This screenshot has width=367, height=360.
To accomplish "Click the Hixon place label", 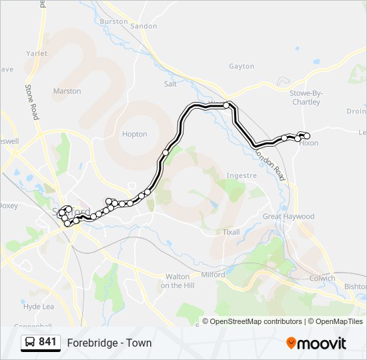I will [309, 143].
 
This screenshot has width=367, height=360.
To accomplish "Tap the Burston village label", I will [113, 21].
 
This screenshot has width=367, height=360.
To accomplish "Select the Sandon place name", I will [144, 26].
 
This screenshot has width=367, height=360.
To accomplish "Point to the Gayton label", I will [242, 67].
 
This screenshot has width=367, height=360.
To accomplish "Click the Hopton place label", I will [134, 134].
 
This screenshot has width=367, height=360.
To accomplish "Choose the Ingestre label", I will [242, 176].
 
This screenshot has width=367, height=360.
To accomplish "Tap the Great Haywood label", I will [288, 217].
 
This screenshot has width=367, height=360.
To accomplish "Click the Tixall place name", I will [231, 232].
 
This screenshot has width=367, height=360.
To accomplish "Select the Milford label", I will [214, 275].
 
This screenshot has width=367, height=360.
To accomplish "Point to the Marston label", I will [67, 91].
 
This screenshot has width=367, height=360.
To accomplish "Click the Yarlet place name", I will [36, 53].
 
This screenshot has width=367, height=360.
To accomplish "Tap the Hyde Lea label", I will [38, 307].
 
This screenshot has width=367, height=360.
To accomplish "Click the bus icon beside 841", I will [30, 343].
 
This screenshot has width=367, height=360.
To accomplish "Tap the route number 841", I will [47, 343].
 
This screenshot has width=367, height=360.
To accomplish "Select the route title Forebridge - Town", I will [109, 343].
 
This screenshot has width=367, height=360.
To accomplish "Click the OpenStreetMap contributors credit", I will [255, 321].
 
